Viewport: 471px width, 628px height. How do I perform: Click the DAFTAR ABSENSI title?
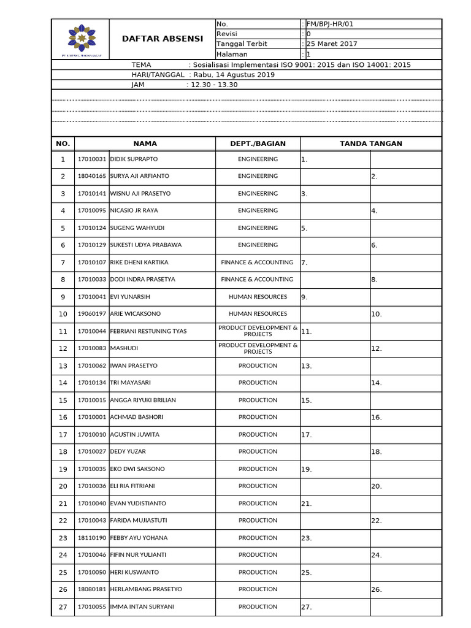click(163, 39)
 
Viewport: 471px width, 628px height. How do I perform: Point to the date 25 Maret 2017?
click(331, 44)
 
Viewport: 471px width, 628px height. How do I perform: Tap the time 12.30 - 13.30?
click(214, 85)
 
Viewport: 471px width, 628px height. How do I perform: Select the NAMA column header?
click(145, 144)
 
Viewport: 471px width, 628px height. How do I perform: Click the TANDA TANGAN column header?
click(371, 144)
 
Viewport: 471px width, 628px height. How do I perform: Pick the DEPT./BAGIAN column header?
click(258, 144)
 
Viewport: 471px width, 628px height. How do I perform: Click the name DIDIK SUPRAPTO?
click(133, 159)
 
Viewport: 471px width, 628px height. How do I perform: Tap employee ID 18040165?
click(91, 176)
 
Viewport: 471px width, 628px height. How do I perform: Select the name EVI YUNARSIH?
click(129, 297)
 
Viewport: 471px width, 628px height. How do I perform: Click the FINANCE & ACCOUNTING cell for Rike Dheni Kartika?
click(258, 262)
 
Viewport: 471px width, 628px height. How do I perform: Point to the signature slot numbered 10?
click(405, 314)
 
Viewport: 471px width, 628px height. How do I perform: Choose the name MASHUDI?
click(124, 348)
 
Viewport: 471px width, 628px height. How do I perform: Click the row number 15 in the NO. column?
click(63, 400)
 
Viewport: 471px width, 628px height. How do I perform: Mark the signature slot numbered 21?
click(335, 504)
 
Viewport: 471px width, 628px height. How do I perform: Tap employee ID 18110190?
click(91, 538)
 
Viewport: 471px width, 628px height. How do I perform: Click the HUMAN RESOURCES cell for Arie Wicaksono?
click(258, 314)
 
